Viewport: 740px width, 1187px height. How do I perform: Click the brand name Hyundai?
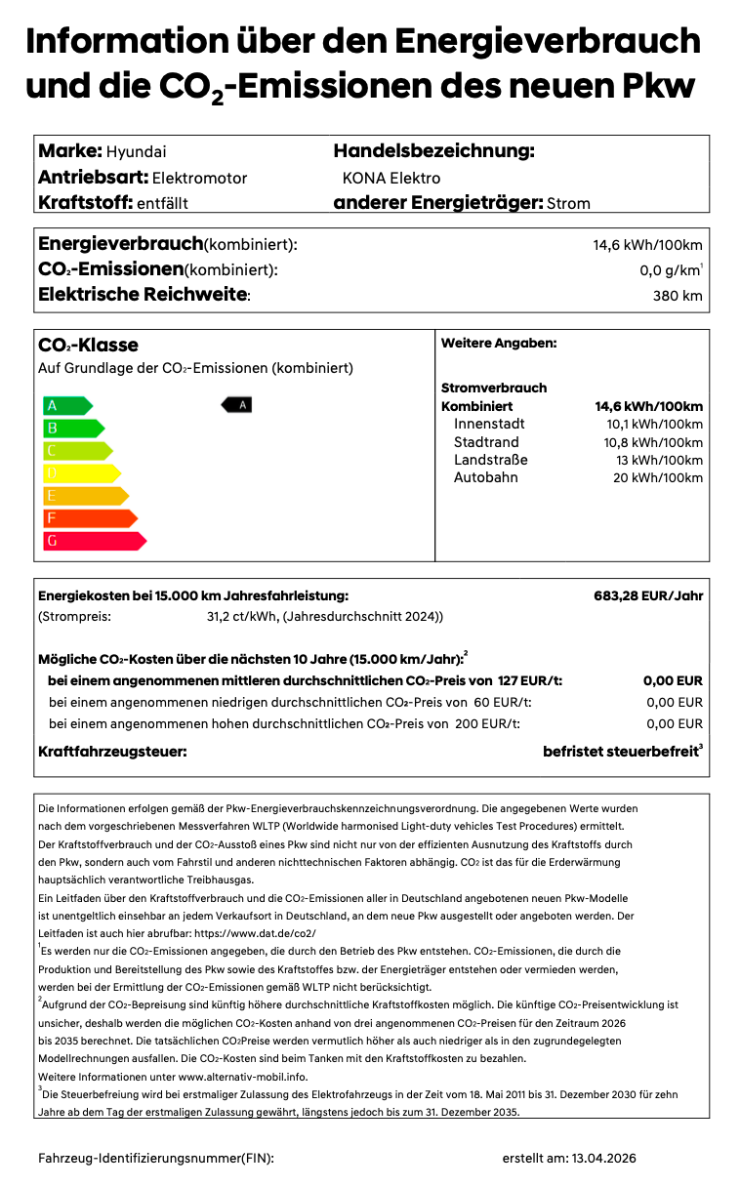(x=136, y=151)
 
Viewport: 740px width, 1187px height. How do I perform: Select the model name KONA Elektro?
(x=391, y=178)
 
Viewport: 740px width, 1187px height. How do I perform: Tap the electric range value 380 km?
(x=678, y=296)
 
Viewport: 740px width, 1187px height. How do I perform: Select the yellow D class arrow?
(x=81, y=472)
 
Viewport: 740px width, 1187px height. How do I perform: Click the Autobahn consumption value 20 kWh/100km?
(x=654, y=477)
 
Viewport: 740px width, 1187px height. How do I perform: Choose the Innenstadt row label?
(x=489, y=424)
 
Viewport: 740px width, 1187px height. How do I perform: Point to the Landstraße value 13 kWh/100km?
(x=659, y=460)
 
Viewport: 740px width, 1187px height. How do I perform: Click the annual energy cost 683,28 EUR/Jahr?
(x=648, y=595)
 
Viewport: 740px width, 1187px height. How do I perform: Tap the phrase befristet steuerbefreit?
(x=620, y=752)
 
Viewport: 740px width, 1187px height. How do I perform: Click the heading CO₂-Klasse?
(x=88, y=345)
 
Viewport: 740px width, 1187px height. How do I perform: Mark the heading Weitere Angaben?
(x=498, y=344)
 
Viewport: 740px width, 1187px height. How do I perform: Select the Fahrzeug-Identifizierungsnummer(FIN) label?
(x=156, y=1158)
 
